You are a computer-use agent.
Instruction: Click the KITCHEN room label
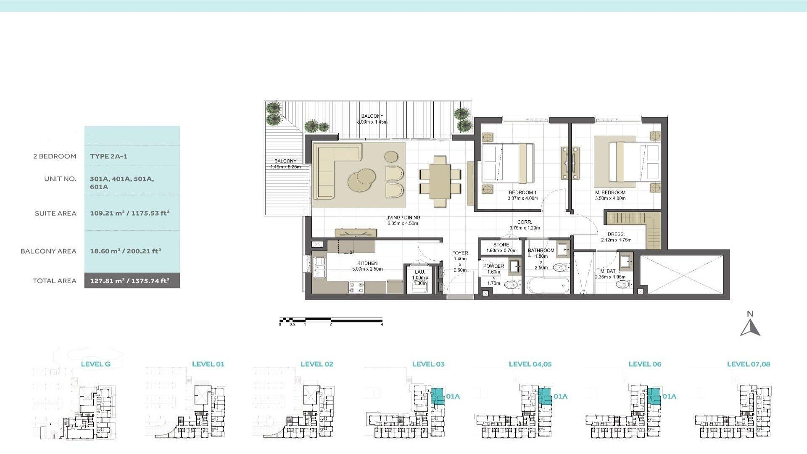coord(367,263)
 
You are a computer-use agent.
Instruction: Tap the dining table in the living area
coord(440,181)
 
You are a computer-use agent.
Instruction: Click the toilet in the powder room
coord(510,285)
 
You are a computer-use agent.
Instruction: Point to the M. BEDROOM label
coord(610,193)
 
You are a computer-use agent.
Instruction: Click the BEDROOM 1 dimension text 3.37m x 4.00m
coord(522,198)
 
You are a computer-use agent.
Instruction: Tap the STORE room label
coord(501,245)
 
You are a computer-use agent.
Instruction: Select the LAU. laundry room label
coord(420,272)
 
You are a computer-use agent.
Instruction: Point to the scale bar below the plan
coord(331,320)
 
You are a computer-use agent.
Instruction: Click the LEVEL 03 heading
coord(428,364)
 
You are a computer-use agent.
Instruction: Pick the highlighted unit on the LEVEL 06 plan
coord(654,396)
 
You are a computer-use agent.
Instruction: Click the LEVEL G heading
coord(95,364)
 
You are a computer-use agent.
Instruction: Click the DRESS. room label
coord(616,235)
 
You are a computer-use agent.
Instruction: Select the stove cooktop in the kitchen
coord(356,287)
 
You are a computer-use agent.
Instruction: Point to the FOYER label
coord(460,253)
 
